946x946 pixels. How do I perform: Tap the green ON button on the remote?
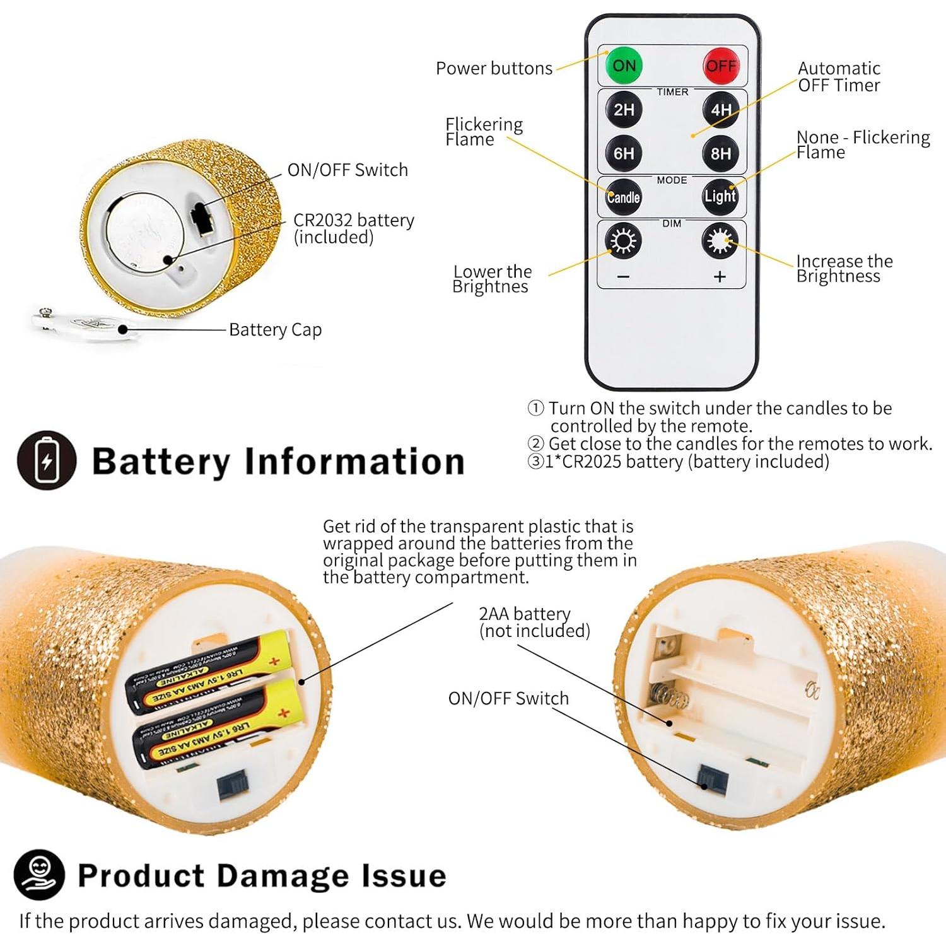coord(624,66)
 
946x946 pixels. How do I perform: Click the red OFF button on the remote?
coord(721,66)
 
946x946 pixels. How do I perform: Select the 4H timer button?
coord(721,110)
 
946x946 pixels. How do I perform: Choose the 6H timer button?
coord(624,153)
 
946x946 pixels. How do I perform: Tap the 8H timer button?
coord(721,153)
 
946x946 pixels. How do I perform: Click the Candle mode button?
coord(624,197)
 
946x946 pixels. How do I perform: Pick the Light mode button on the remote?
coord(720,197)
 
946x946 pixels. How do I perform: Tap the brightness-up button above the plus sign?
coord(720,241)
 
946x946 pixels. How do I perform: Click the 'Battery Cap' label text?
coord(275,330)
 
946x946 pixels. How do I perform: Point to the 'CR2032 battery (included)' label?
coord(353,228)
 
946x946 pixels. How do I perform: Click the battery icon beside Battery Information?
coord(47,460)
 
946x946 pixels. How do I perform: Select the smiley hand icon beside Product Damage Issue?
coord(39,874)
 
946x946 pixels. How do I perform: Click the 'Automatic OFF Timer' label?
coord(838,77)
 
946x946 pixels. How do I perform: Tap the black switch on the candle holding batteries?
coord(233,786)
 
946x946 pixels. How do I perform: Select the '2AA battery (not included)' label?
coord(534,622)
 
